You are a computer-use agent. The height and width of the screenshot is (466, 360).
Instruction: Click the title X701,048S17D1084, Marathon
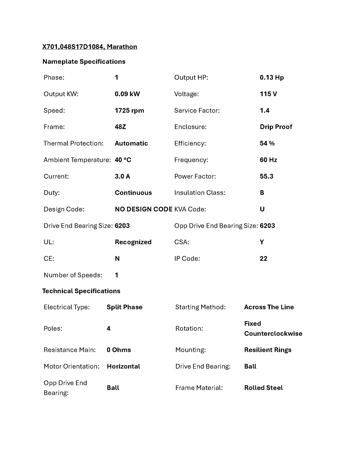pos(90,47)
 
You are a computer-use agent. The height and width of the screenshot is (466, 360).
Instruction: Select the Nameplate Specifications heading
pos(84,62)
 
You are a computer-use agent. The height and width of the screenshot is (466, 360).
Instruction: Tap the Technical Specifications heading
pos(81,291)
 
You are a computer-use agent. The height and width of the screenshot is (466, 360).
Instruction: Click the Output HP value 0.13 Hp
pos(272,77)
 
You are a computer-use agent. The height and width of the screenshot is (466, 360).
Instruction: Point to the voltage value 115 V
pos(268,94)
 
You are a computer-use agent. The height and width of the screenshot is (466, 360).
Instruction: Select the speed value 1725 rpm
pos(129,111)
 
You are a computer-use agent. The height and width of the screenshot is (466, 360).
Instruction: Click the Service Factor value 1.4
pos(265,111)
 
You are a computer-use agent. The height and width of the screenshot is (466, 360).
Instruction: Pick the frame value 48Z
pos(120,127)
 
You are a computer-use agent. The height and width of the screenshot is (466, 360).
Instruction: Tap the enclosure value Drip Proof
pos(276,127)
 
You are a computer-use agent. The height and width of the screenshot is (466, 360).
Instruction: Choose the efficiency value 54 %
pos(267,144)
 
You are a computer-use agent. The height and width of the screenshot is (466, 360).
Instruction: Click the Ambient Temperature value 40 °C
pos(123,160)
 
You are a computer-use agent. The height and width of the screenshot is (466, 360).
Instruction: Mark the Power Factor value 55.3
pos(266,176)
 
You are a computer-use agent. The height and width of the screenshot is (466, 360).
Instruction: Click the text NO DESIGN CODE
pos(144,209)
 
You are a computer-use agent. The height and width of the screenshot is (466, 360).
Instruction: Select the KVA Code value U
pos(262,209)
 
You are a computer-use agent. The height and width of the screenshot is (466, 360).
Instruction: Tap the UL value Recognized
pos(133,242)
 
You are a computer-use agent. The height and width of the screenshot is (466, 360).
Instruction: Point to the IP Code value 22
pos(263,259)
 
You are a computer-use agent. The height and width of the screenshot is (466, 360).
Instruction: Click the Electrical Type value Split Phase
pos(125,307)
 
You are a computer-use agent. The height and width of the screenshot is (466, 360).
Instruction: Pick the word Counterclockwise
pos(273,334)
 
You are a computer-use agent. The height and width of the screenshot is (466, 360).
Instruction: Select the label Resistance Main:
pos(70,350)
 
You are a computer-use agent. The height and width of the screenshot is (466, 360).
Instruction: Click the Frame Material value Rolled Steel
pos(263,388)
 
